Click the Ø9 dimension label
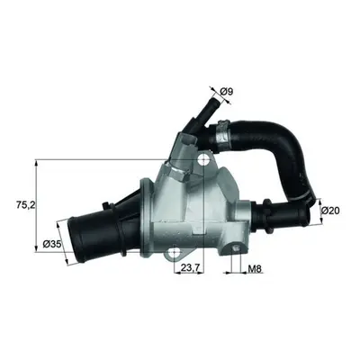227,92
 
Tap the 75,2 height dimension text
26,205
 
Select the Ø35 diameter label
52,244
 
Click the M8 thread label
255,269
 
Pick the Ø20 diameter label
330,211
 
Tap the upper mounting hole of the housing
204,160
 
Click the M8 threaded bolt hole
236,247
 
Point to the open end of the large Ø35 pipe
75,240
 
